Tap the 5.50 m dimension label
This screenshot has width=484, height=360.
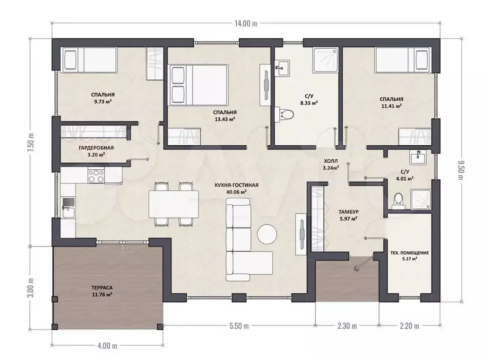(239, 326)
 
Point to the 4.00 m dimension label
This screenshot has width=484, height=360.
(107, 345)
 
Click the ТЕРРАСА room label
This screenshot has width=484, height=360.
(102, 288)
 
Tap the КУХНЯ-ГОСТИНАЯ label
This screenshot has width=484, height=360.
(236, 185)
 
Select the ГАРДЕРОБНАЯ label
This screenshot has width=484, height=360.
(96, 148)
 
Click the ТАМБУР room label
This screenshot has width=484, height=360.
(348, 212)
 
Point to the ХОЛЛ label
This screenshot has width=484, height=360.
(331, 161)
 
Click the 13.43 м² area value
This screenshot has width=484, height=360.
(225, 119)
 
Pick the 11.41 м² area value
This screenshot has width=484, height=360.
(391, 106)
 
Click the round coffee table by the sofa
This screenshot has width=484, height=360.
(268, 234)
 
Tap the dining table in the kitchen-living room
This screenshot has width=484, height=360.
(174, 204)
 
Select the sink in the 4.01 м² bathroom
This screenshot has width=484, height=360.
(418, 157)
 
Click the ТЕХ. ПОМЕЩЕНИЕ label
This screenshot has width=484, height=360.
(410, 253)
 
